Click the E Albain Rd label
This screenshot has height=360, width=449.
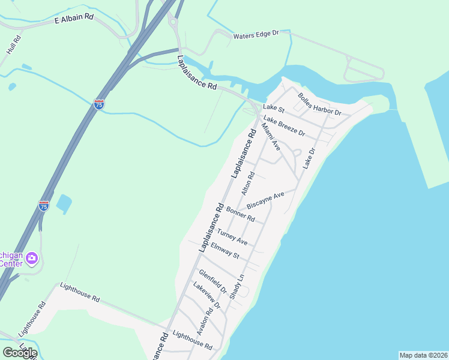tap(74, 19)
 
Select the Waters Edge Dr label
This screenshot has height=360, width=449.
tap(256, 34)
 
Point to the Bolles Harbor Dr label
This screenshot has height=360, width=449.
tap(320, 105)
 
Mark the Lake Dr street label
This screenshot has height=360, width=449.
tap(309, 159)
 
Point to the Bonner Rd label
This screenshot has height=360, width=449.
tap(240, 214)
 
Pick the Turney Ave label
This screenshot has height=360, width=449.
tap(232, 236)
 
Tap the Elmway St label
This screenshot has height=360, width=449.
tap(225, 251)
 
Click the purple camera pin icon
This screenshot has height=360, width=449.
tap(32, 259)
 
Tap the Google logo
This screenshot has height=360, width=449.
tap(20, 353)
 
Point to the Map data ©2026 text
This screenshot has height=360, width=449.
tap(424, 355)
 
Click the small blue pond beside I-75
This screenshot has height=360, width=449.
tap(64, 203)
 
